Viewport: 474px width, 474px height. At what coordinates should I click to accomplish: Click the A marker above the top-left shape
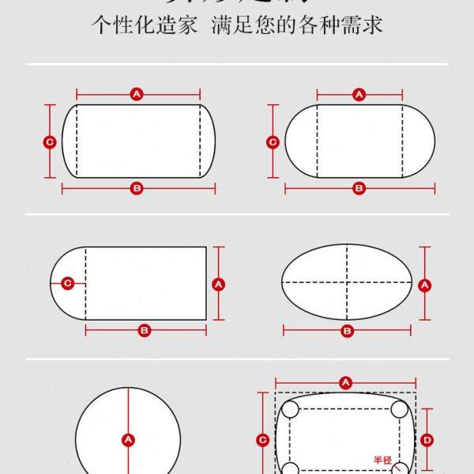pyautogui.click(x=137, y=94)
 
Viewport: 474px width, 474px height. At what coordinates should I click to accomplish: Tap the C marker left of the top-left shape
pyautogui.click(x=49, y=142)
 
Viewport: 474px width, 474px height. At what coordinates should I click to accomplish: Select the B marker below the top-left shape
pyautogui.click(x=137, y=188)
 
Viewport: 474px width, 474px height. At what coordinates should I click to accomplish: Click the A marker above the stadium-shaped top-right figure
pyautogui.click(x=359, y=94)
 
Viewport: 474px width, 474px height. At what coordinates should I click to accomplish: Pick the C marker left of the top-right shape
pyautogui.click(x=273, y=142)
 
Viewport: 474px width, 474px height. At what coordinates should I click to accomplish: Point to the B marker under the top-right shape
pyautogui.click(x=359, y=188)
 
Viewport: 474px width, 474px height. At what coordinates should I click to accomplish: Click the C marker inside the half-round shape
pyautogui.click(x=68, y=283)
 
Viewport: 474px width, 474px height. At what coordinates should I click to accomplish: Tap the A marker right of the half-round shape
pyautogui.click(x=219, y=283)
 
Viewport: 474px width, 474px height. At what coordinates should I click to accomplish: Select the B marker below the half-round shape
pyautogui.click(x=145, y=330)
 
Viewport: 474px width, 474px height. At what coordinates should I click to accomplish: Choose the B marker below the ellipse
pyautogui.click(x=347, y=330)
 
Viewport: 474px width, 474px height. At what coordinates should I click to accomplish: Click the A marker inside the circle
pyautogui.click(x=127, y=439)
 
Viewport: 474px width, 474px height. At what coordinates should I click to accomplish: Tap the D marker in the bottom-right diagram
pyautogui.click(x=426, y=439)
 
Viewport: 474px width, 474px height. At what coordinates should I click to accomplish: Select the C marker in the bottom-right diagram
pyautogui.click(x=263, y=439)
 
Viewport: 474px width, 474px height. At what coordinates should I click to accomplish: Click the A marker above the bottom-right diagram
pyautogui.click(x=345, y=382)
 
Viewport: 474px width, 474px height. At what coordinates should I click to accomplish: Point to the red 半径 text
pyautogui.click(x=382, y=459)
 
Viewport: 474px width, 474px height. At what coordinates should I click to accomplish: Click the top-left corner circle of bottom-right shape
pyautogui.click(x=290, y=409)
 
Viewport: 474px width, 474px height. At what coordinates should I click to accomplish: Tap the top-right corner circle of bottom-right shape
pyautogui.click(x=400, y=409)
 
